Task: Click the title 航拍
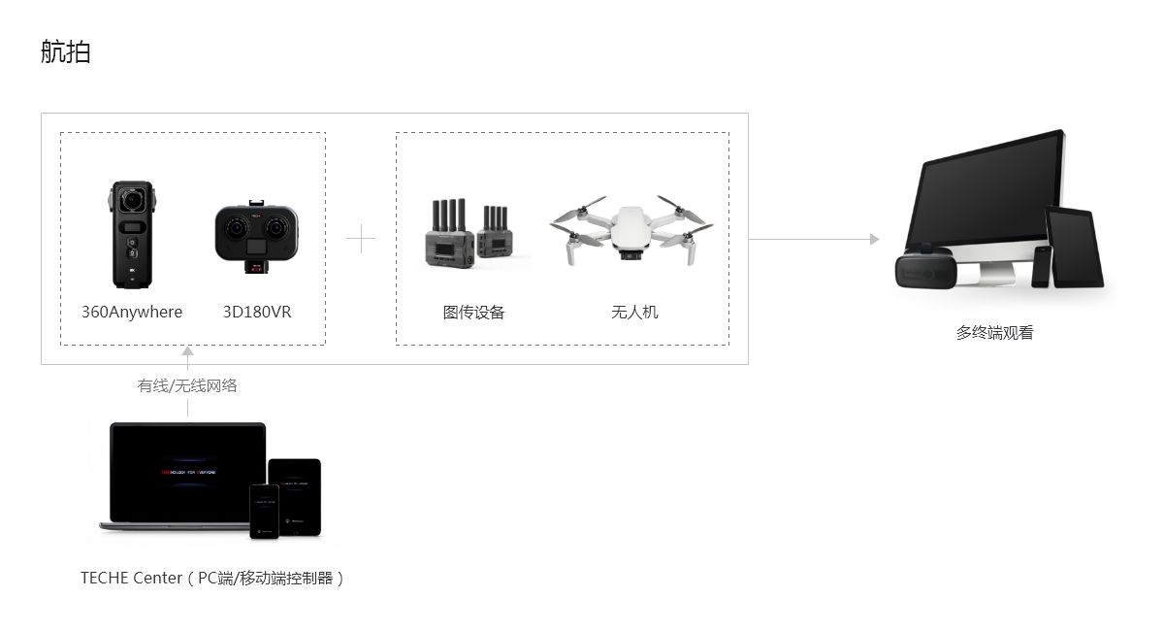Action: pyautogui.click(x=66, y=51)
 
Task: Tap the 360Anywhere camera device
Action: pyautogui.click(x=132, y=234)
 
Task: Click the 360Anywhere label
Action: pyautogui.click(x=132, y=312)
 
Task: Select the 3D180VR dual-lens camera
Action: pyautogui.click(x=257, y=234)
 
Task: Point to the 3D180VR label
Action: pyautogui.click(x=257, y=312)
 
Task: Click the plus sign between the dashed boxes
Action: pyautogui.click(x=361, y=239)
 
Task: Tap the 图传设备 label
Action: pyautogui.click(x=474, y=312)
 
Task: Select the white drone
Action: pyautogui.click(x=631, y=231)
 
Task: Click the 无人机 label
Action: pyautogui.click(x=634, y=312)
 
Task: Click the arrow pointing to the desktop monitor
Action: pyautogui.click(x=874, y=239)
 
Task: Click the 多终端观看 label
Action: pyautogui.click(x=994, y=332)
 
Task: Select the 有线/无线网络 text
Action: pyautogui.click(x=187, y=385)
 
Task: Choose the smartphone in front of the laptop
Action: pyautogui.click(x=264, y=510)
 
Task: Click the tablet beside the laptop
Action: pyautogui.click(x=295, y=495)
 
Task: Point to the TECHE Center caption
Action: pyautogui.click(x=212, y=578)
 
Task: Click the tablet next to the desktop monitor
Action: pyautogui.click(x=1075, y=248)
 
